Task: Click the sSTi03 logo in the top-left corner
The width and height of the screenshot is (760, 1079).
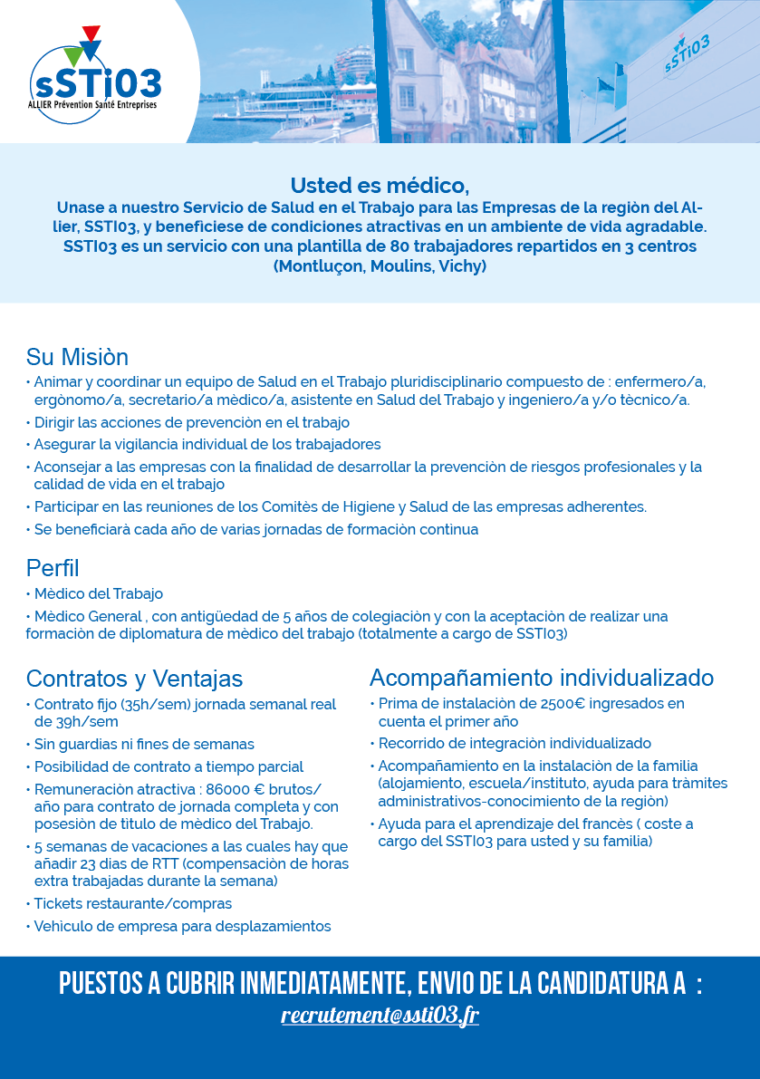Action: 95,82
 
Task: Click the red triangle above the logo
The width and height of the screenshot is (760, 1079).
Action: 90,34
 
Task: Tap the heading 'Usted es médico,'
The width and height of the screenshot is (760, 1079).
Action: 380,186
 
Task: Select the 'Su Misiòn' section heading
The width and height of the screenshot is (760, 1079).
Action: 77,357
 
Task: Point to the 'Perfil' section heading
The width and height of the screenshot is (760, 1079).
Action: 53,568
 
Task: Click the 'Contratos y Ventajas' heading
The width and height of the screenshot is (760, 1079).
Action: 134,679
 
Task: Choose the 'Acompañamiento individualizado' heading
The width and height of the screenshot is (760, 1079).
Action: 541,678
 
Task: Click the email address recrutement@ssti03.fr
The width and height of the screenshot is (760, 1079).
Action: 380,1016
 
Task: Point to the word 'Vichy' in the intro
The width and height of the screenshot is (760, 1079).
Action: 462,266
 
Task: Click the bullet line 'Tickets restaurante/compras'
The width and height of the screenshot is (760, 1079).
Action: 132,903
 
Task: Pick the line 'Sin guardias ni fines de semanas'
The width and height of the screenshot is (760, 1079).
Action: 144,744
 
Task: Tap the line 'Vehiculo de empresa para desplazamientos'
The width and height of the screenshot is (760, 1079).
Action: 182,926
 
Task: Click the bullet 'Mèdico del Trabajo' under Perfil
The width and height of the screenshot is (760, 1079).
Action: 98,593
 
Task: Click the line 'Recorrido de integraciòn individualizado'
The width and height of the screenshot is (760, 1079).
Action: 514,743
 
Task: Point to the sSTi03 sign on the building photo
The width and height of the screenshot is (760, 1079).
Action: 686,53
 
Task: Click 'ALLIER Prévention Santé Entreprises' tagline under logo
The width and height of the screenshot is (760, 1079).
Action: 92,105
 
